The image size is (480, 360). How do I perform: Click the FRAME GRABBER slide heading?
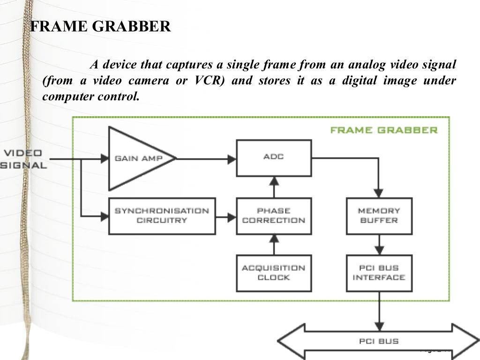100,26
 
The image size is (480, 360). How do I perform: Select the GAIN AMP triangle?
138,158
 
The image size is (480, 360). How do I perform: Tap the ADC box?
274,158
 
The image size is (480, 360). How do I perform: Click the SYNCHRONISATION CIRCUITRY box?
162,216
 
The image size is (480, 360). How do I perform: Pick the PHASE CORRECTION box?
274,216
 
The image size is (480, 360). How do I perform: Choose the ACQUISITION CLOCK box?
274,273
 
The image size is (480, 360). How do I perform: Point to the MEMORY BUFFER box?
379,216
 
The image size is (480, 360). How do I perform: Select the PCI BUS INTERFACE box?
379,273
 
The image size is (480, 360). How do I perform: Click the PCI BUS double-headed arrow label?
379,341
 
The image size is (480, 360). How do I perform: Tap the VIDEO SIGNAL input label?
23,159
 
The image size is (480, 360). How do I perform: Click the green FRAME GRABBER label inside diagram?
383,130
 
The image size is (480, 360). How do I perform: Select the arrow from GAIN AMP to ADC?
206,159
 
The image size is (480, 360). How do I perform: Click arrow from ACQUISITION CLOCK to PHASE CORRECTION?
274,244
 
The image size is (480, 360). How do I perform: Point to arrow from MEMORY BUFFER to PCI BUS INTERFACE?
379,244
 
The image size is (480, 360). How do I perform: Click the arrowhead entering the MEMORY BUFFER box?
379,193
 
